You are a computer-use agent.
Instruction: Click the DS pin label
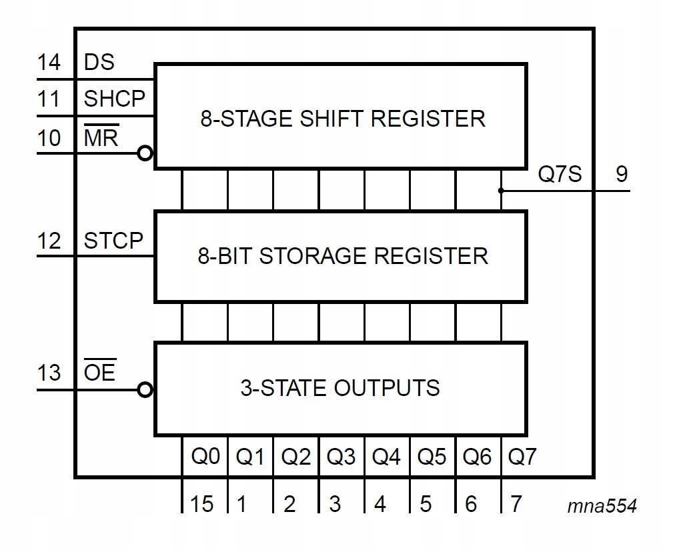[99, 62]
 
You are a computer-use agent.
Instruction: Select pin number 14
[48, 62]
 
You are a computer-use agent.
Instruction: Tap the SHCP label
[114, 99]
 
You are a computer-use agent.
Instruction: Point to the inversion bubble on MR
[145, 154]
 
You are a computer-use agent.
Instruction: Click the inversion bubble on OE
[145, 390]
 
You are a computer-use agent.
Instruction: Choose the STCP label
[113, 241]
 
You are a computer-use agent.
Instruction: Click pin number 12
[48, 241]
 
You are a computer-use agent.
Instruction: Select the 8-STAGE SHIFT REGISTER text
[343, 119]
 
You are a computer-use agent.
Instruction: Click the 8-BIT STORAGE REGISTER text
[343, 256]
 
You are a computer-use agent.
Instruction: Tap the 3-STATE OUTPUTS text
[340, 388]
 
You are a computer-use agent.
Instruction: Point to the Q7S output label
[560, 175]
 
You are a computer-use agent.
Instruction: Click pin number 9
[621, 175]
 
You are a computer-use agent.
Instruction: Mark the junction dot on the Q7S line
[501, 191]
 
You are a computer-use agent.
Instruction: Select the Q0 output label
[204, 457]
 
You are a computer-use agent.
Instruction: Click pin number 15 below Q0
[202, 503]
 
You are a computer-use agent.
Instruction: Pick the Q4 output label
[386, 457]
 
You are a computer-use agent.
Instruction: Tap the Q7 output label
[522, 457]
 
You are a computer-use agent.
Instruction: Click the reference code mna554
[602, 506]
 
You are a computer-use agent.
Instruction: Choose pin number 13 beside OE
[48, 373]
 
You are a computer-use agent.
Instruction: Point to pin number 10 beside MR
[48, 138]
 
